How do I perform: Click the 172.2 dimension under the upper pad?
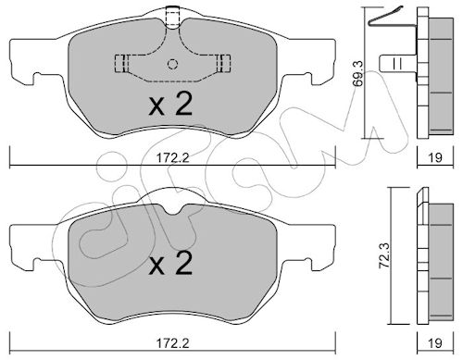pyautogui.click(x=172, y=158)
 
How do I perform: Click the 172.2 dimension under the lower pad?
pyautogui.click(x=172, y=343)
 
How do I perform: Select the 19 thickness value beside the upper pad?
pyautogui.click(x=435, y=158)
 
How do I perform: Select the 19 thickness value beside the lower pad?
pyautogui.click(x=435, y=343)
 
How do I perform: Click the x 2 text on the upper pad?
pyautogui.click(x=170, y=105)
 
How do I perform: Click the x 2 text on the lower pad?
pyautogui.click(x=170, y=263)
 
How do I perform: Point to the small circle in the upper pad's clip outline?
pyautogui.click(x=172, y=64)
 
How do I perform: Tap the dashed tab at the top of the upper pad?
pyautogui.click(x=173, y=18)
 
